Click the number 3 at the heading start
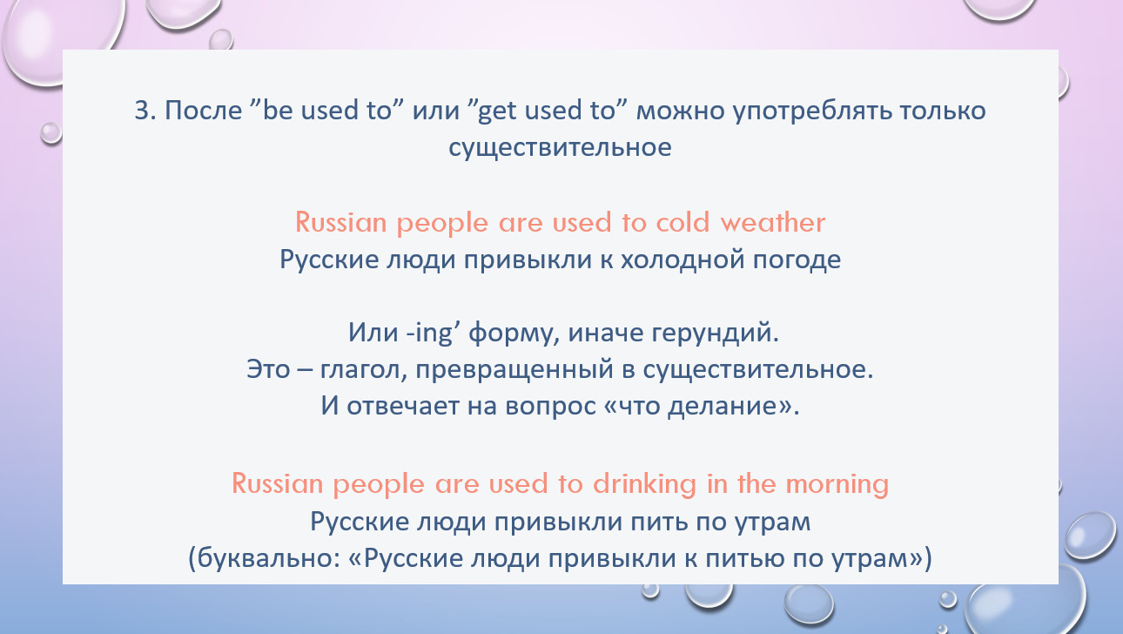coord(143,111)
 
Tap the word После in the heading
coord(203,111)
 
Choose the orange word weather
coord(772,222)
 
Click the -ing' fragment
coord(434,333)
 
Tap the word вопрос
coord(550,407)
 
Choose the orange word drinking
coord(645,484)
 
